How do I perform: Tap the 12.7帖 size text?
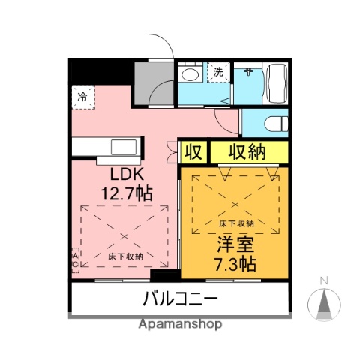127,193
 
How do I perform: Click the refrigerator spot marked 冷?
84,96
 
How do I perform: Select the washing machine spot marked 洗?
217,73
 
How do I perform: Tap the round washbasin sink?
191,74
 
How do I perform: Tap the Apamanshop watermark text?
180,325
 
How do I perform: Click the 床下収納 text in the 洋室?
236,223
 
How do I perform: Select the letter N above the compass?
325,281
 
